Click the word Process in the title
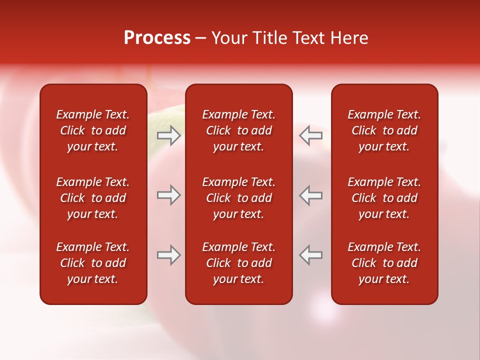157,38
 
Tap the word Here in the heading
348,38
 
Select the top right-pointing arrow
168,135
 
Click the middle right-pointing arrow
168,195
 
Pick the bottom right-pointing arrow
168,255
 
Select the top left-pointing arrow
310,135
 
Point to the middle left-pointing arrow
310,195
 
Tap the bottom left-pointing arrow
310,255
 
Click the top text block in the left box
93,130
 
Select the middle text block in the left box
93,198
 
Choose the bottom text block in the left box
93,263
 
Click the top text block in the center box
239,130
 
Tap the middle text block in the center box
239,198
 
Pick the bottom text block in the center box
239,263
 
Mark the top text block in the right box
384,130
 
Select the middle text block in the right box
384,198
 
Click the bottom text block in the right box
384,263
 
